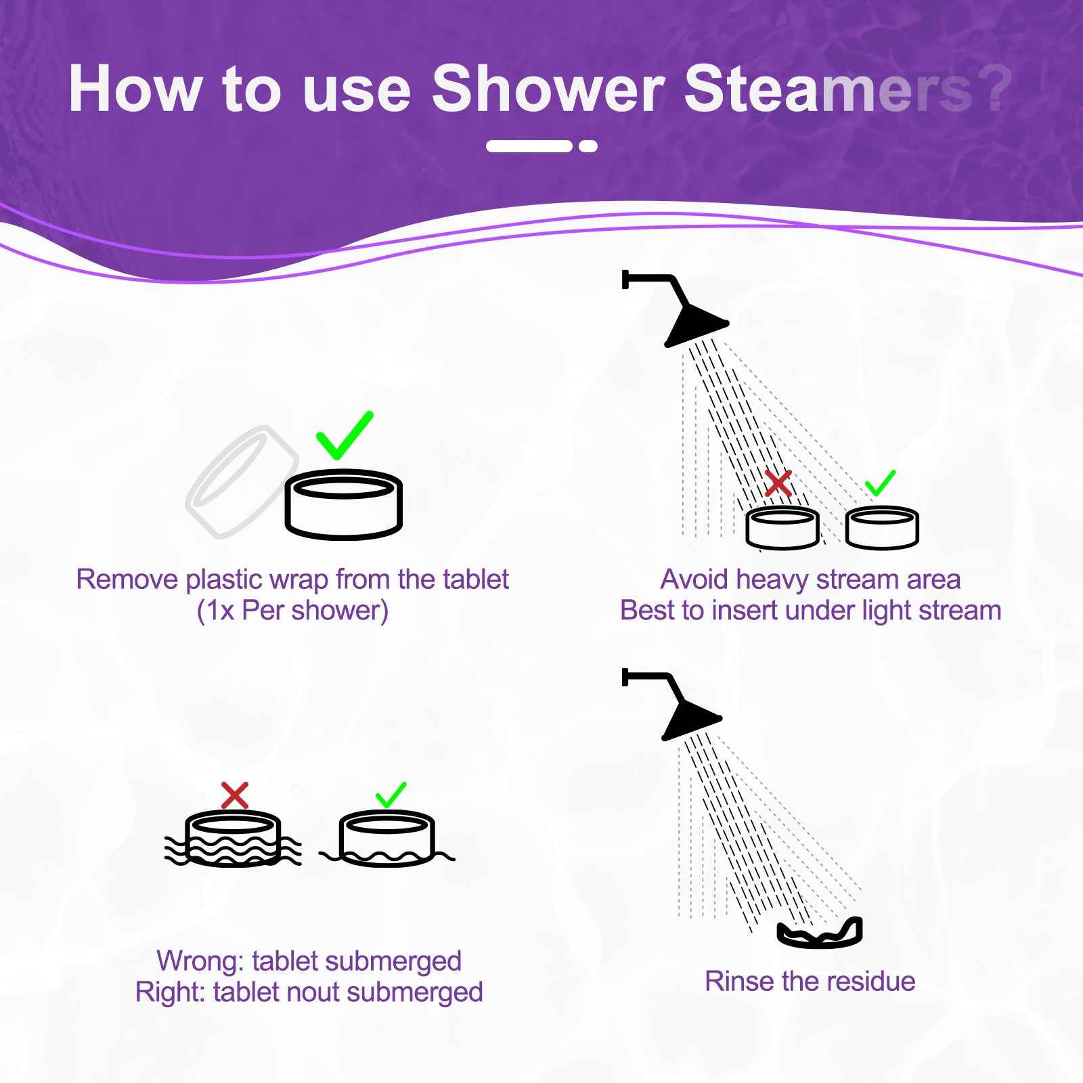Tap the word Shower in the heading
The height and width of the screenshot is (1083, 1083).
(x=548, y=89)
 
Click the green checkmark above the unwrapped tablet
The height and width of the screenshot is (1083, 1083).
(x=344, y=435)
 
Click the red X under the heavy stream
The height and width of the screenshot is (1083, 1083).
(x=778, y=483)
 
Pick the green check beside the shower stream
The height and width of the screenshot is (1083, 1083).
(x=880, y=483)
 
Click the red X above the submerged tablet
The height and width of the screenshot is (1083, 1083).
(x=235, y=795)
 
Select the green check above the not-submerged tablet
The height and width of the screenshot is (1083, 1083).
(x=391, y=795)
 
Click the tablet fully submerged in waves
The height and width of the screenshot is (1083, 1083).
(x=233, y=840)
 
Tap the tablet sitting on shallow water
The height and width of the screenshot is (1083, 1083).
(x=386, y=839)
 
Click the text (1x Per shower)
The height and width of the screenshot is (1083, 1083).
(x=292, y=611)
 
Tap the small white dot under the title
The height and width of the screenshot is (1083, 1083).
(x=588, y=146)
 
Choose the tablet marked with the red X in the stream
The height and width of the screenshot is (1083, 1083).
(x=782, y=527)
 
